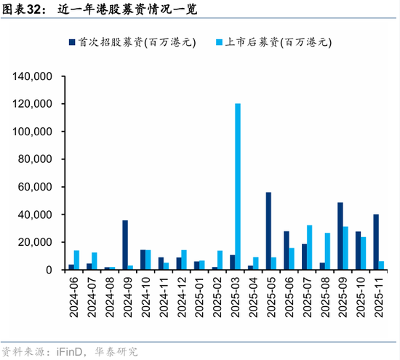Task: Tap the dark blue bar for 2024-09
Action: [125, 245]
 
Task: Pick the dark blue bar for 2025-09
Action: [340, 236]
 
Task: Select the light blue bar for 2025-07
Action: [310, 247]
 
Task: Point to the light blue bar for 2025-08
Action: [328, 251]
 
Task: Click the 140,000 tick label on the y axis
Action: [31, 76]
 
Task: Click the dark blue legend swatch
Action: [74, 42]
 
